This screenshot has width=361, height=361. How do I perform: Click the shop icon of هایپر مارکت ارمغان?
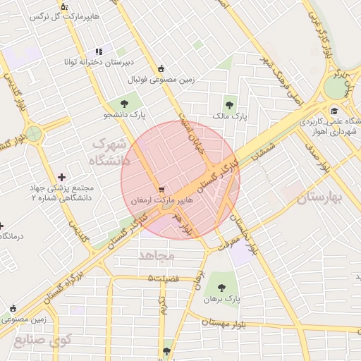pyautogui.click(x=163, y=190)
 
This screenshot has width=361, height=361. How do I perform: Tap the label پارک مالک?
pyautogui.click(x=228, y=117)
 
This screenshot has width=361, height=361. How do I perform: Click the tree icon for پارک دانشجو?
pyautogui.click(x=133, y=104)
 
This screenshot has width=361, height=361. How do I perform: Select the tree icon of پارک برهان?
pyautogui.click(x=223, y=287)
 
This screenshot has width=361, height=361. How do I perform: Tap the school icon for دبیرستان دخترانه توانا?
pyautogui.click(x=99, y=51)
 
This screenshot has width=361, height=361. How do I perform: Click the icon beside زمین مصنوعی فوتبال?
pyautogui.click(x=161, y=68)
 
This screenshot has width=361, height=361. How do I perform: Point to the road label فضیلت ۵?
pyautogui.click(x=164, y=279)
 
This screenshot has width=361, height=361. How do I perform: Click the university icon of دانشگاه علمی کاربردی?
pyautogui.click(x=334, y=111)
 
